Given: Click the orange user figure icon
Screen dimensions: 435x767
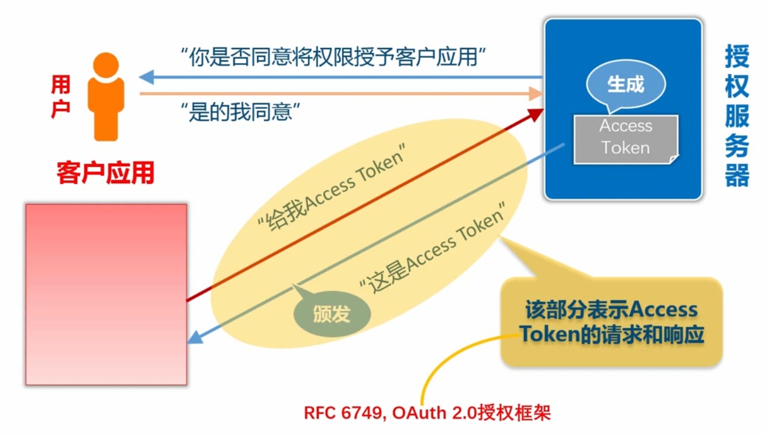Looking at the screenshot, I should pos(105,97).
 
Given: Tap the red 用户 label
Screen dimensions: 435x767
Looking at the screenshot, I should pos(60,97).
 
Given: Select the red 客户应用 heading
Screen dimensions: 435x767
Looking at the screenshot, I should pos(105,173).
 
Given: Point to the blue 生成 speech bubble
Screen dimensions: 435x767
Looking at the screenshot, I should pos(625,85).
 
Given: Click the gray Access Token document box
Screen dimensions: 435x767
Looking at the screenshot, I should pos(625,138).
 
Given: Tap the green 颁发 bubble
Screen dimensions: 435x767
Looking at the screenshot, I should pos(331,314).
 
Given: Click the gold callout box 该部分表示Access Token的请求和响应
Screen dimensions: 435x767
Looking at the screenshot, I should pos(611,322).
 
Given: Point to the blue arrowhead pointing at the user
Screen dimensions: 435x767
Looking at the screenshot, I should pos(146,77).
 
